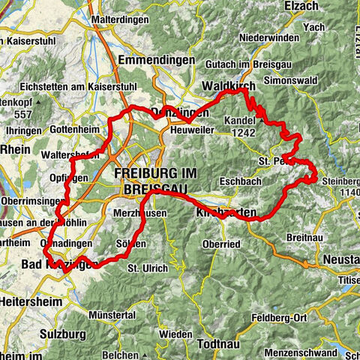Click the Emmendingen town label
point(155,59)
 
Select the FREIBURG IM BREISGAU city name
point(156,179)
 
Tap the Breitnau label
point(302,236)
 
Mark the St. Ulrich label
point(144,268)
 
